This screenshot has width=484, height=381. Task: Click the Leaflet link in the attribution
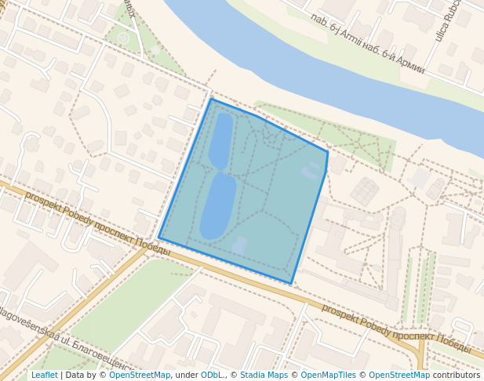[x=44, y=375]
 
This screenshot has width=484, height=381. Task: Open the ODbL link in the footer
[x=212, y=375]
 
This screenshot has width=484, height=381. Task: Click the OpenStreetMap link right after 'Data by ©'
[x=140, y=375]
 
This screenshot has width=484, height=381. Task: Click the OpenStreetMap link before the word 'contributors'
[x=399, y=375]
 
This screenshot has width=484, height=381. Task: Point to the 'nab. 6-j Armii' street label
[x=340, y=34]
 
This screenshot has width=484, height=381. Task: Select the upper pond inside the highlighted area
[x=220, y=140]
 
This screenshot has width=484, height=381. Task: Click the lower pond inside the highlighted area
[x=217, y=206]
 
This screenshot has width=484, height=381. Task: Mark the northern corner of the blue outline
[x=210, y=99]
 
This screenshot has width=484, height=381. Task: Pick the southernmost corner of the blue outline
[x=291, y=283]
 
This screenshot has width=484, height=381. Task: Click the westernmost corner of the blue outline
[x=159, y=238]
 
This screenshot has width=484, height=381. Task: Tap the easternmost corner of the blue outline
[x=327, y=151]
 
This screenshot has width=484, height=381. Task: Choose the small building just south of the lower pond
[x=239, y=245]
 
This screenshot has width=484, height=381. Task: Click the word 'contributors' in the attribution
[x=457, y=375]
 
